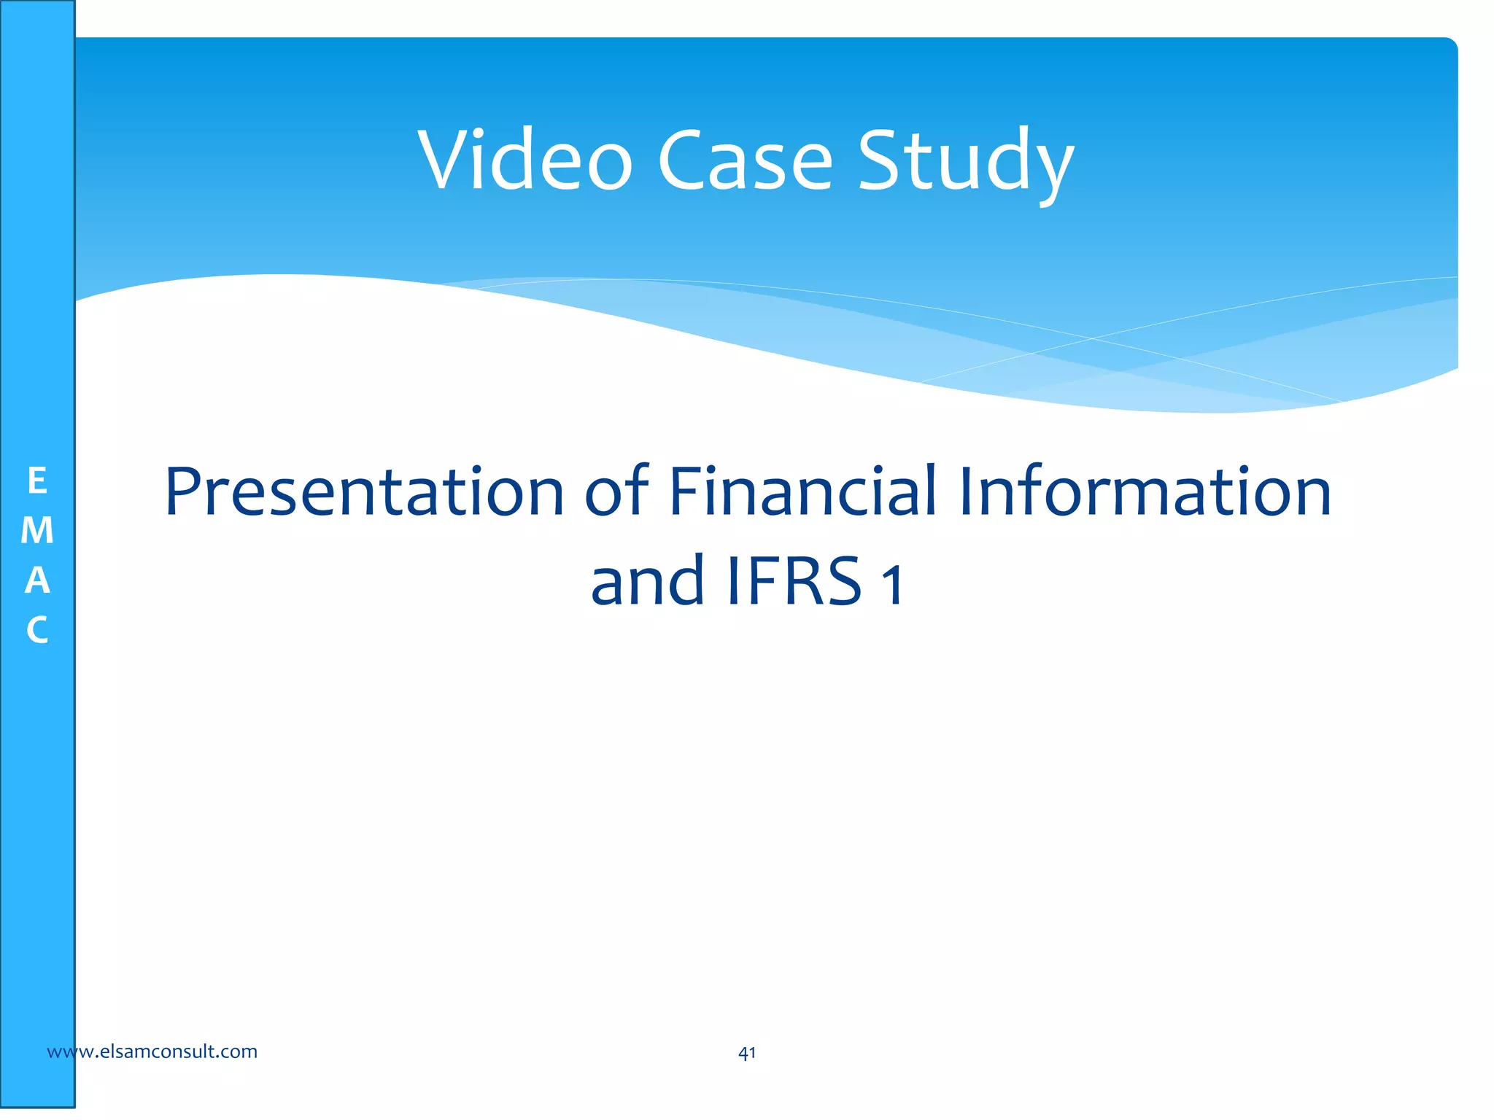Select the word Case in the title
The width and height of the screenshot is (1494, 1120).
tap(745, 160)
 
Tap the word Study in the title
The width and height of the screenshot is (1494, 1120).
tap(965, 162)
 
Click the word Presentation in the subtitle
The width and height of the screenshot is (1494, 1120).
tap(365, 492)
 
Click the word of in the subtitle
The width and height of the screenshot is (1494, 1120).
tap(617, 492)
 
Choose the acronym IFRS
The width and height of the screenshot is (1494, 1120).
tap(795, 581)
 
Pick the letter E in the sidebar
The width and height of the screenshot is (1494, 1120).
tap(37, 481)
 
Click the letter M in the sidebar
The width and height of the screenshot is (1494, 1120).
tap(37, 531)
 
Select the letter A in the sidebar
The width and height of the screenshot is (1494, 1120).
tap(37, 580)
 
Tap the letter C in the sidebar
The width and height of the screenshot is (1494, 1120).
tap(37, 630)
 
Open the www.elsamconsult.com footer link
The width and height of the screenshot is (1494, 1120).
tap(152, 1051)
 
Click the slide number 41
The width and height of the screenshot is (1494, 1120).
tap(747, 1053)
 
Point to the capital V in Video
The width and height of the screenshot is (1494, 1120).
tap(446, 160)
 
